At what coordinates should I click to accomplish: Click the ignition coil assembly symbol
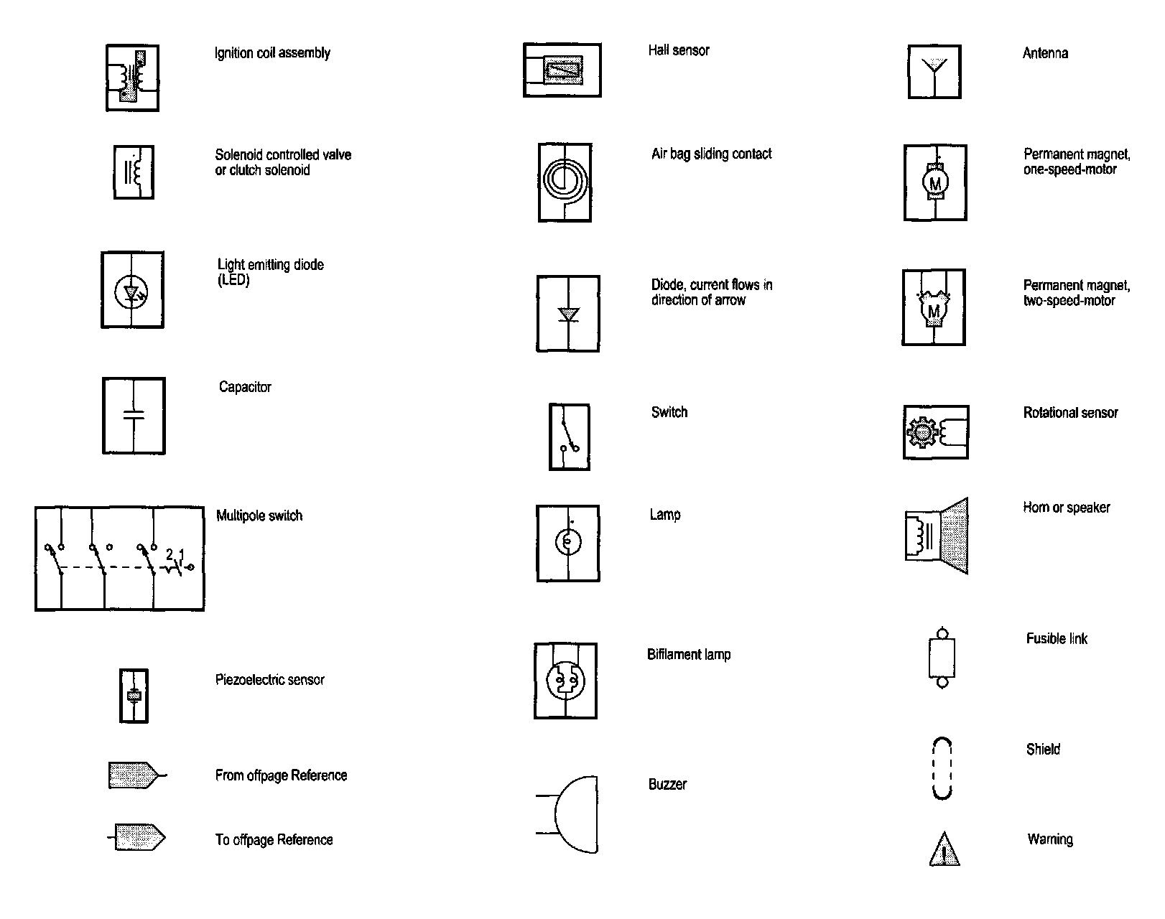133,78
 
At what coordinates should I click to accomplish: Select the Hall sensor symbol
562,70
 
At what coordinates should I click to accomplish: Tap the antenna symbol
934,72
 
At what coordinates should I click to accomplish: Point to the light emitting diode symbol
133,290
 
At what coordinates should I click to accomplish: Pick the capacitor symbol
134,416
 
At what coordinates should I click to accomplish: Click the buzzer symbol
575,814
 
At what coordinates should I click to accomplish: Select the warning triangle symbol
944,849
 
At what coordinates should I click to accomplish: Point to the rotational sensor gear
922,432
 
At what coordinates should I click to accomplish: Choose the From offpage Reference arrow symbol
133,775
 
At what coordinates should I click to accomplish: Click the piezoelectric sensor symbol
134,695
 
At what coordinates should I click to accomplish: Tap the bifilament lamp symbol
565,680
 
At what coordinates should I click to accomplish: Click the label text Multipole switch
259,516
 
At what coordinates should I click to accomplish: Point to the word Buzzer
667,784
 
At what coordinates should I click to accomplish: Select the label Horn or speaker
1066,508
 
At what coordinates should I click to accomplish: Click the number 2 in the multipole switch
170,554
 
